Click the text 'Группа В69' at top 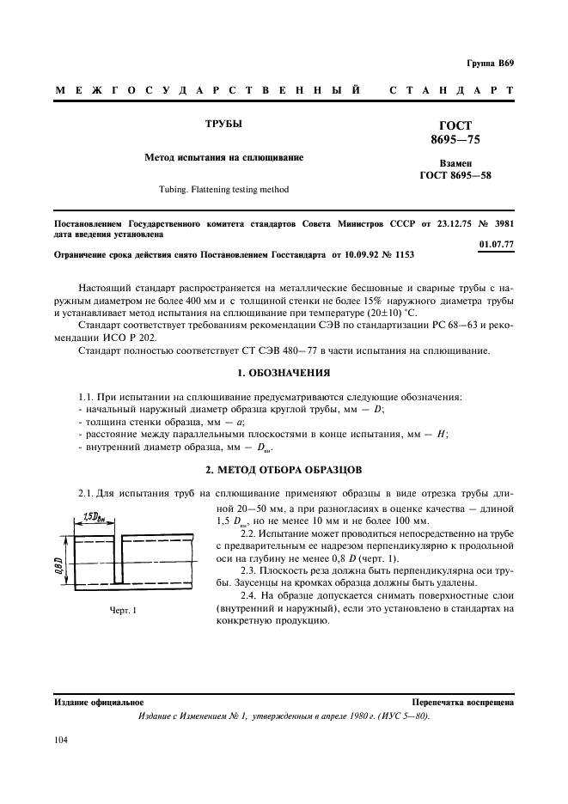click(490, 64)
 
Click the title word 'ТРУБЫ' click(223, 124)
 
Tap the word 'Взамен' click(455, 162)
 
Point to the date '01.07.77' click(497, 244)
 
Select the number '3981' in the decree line click(502, 222)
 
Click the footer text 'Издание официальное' click(99, 702)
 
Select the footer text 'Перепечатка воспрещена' click(462, 702)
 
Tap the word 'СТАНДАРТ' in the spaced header click(451, 90)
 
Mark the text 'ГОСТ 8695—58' click(455, 176)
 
